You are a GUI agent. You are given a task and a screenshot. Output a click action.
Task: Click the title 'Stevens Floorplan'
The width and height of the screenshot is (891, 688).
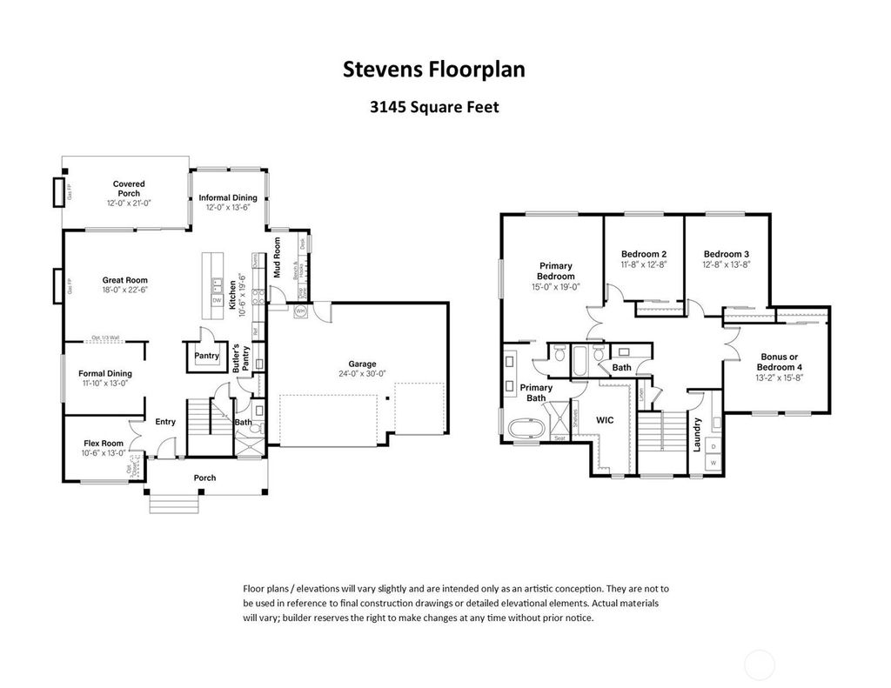433,70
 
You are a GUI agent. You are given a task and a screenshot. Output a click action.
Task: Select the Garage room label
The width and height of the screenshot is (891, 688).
361,364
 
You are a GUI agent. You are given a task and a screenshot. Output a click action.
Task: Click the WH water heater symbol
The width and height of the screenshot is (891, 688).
301,311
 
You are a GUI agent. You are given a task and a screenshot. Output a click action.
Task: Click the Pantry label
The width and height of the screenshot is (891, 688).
206,356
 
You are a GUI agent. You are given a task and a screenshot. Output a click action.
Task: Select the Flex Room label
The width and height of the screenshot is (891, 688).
103,443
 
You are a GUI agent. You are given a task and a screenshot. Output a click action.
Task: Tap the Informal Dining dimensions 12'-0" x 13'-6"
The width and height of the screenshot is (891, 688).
228,208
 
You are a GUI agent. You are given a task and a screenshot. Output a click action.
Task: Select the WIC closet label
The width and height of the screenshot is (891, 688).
605,420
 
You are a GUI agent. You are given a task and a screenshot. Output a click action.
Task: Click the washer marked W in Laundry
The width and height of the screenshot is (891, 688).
713,464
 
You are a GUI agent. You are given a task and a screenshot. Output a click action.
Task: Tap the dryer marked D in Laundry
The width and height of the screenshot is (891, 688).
713,447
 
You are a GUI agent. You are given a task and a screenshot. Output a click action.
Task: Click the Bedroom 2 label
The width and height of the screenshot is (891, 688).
644,254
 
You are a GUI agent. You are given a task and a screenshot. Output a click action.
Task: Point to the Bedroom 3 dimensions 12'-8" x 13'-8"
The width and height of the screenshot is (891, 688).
727,264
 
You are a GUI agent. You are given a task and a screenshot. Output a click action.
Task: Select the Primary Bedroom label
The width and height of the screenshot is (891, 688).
555,271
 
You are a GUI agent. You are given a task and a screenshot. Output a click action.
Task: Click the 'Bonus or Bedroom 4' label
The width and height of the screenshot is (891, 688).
779,362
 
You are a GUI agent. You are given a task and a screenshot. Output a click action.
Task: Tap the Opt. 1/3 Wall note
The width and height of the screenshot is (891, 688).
104,338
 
